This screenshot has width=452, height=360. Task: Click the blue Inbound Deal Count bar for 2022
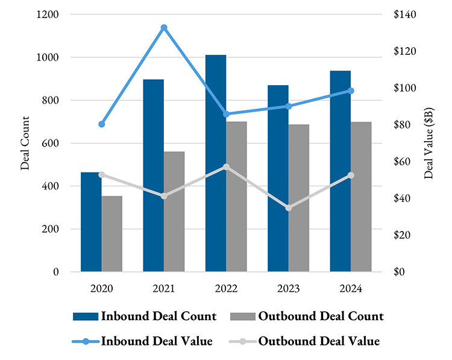[216, 163]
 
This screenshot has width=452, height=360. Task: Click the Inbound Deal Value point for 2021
[164, 28]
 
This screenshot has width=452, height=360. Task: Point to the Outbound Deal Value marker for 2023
[289, 208]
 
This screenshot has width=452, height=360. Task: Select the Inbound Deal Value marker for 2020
[102, 124]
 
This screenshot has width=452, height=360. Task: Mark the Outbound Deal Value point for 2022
[226, 167]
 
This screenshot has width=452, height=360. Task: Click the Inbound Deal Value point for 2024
[351, 91]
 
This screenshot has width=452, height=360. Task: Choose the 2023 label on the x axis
[289, 288]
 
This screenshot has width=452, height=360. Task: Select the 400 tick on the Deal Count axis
[52, 186]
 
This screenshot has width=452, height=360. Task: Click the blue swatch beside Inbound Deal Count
[85, 316]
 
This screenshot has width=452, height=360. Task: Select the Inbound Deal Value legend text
[157, 341]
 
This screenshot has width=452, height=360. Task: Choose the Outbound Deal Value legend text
[319, 341]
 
